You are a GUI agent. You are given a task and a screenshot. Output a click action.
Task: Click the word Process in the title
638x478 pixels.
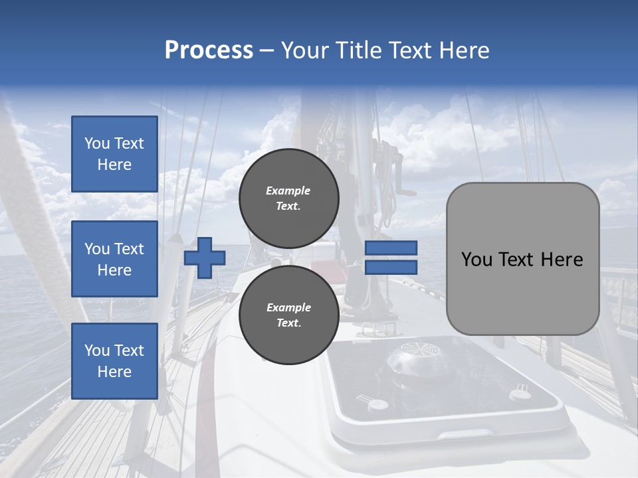(209, 50)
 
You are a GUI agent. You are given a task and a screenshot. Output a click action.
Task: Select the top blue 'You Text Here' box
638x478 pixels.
(114, 154)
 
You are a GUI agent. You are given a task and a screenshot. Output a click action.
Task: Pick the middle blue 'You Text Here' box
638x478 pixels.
(114, 259)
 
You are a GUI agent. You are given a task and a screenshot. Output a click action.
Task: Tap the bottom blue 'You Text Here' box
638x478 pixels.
(114, 361)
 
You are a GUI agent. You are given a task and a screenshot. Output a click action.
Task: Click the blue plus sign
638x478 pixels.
(205, 258)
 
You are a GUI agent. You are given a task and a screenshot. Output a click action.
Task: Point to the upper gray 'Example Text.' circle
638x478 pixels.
(288, 199)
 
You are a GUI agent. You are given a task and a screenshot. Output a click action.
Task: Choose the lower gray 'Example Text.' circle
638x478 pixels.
(288, 315)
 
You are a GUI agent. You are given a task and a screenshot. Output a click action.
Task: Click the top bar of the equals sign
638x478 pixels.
(391, 248)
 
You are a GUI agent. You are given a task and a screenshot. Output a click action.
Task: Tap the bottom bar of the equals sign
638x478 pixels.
(391, 267)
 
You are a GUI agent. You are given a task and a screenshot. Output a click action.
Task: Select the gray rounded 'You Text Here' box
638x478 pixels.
(522, 259)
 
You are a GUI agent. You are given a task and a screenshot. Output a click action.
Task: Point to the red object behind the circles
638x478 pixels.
(324, 268)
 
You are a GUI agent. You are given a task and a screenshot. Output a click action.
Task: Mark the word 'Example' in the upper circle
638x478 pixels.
(288, 191)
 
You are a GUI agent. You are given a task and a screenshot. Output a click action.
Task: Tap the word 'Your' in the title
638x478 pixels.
(304, 50)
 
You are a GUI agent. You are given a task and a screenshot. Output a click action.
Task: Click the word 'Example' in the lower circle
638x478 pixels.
(288, 307)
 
